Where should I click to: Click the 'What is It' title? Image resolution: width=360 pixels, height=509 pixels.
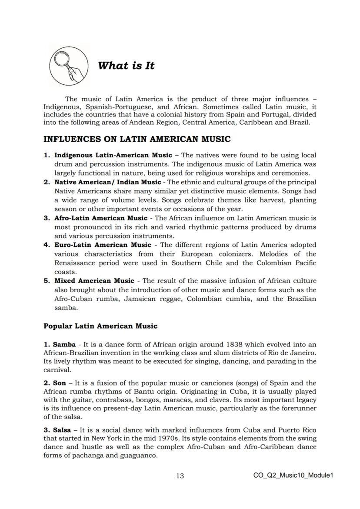coord(126,66)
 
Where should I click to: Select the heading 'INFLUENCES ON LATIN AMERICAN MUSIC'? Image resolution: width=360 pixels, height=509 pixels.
coord(137,140)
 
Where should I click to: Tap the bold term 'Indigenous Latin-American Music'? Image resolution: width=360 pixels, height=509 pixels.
coord(107,155)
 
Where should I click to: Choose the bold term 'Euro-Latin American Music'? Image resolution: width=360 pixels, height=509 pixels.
coord(103,245)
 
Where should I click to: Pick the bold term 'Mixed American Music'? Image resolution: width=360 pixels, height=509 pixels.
coord(94,281)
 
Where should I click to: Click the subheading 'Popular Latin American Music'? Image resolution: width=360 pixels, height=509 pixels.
coord(100,326)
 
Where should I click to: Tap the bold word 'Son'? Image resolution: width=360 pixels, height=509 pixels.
coord(60,383)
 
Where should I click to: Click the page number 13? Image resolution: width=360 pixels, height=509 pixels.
coord(180,476)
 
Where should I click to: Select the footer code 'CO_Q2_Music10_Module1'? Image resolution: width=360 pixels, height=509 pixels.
coord(293,476)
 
